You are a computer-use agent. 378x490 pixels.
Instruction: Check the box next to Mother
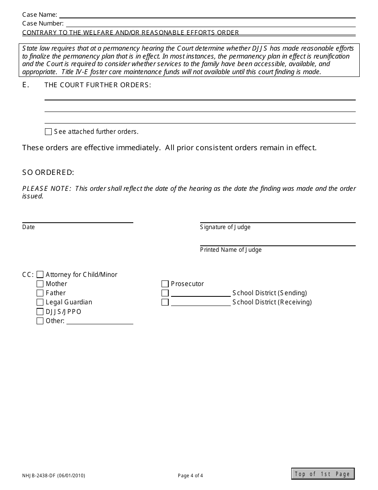[40, 284]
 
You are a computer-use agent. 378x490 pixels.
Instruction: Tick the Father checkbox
[40, 293]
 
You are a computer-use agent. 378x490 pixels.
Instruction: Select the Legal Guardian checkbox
[40, 302]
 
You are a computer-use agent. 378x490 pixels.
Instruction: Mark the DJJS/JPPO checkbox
[40, 312]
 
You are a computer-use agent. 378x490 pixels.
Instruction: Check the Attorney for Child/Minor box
[40, 274]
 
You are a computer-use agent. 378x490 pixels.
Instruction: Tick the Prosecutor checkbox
[165, 284]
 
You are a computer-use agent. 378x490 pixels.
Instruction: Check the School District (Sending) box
[165, 293]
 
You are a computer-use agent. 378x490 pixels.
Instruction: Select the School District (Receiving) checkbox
[165, 302]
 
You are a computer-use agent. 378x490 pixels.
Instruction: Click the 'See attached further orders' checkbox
[48, 132]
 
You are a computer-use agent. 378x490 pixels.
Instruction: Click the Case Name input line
[207, 15]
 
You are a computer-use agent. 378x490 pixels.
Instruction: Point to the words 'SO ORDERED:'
[48, 172]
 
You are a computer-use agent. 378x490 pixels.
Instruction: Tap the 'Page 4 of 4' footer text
[191, 475]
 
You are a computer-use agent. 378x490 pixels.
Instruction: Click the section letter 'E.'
[26, 85]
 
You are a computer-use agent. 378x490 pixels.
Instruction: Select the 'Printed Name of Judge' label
[231, 250]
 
